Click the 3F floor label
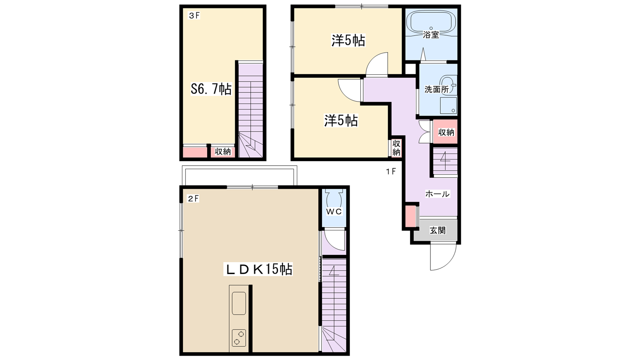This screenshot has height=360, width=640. point(194,16)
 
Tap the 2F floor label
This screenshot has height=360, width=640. point(193,198)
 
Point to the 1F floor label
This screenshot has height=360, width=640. point(391,172)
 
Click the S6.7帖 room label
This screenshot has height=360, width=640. point(211,90)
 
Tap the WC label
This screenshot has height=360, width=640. point(334,212)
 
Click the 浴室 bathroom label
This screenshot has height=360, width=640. point(431,35)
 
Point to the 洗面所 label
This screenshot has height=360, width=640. point(436,90)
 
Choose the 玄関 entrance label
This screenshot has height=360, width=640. point(438,230)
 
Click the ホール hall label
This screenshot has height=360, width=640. point(438,194)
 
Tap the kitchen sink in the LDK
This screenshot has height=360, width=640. point(238,303)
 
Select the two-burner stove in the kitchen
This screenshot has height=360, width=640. point(239,338)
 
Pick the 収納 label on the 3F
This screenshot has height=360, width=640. point(222,152)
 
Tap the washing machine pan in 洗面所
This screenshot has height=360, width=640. point(448,106)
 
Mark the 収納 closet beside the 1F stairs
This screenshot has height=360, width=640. point(446,132)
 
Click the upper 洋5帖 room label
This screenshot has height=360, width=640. point(348,40)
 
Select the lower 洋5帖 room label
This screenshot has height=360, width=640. point(340,121)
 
